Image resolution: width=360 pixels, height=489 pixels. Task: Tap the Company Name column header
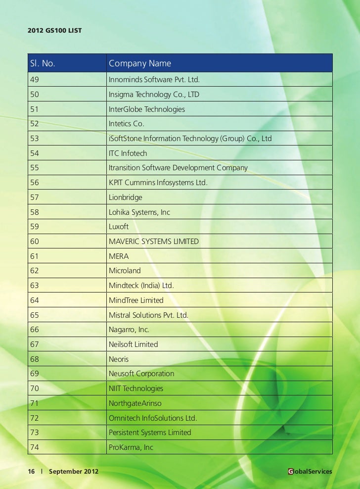pyautogui.click(x=140, y=63)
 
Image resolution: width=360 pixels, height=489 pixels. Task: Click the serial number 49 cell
pyautogui.click(x=34, y=80)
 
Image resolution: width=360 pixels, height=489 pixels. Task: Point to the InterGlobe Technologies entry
pyautogui.click(x=146, y=109)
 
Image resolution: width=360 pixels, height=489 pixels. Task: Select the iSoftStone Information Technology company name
pyautogui.click(x=190, y=139)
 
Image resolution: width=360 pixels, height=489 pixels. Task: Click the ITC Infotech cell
pyautogui.click(x=128, y=153)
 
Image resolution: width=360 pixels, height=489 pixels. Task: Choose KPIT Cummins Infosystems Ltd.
pyautogui.click(x=158, y=183)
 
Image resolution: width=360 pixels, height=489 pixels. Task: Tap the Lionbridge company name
pyautogui.click(x=125, y=197)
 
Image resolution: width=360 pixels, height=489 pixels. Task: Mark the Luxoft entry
pyautogui.click(x=118, y=227)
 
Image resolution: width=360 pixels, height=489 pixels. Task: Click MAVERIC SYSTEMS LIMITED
pyautogui.click(x=153, y=242)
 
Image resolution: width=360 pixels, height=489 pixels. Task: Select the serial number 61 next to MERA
pyautogui.click(x=34, y=256)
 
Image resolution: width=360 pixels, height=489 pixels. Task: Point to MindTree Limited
pyautogui.click(x=135, y=300)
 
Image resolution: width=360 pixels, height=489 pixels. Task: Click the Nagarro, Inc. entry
pyautogui.click(x=129, y=330)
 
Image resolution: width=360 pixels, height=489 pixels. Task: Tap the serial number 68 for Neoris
pyautogui.click(x=34, y=359)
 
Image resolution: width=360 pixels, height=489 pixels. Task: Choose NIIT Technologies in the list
pyautogui.click(x=135, y=389)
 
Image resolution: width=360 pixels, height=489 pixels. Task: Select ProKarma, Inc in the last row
pyautogui.click(x=131, y=447)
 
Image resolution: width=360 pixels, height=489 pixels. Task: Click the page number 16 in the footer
pyautogui.click(x=31, y=472)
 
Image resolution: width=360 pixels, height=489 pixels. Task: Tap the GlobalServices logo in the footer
pyautogui.click(x=310, y=472)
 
